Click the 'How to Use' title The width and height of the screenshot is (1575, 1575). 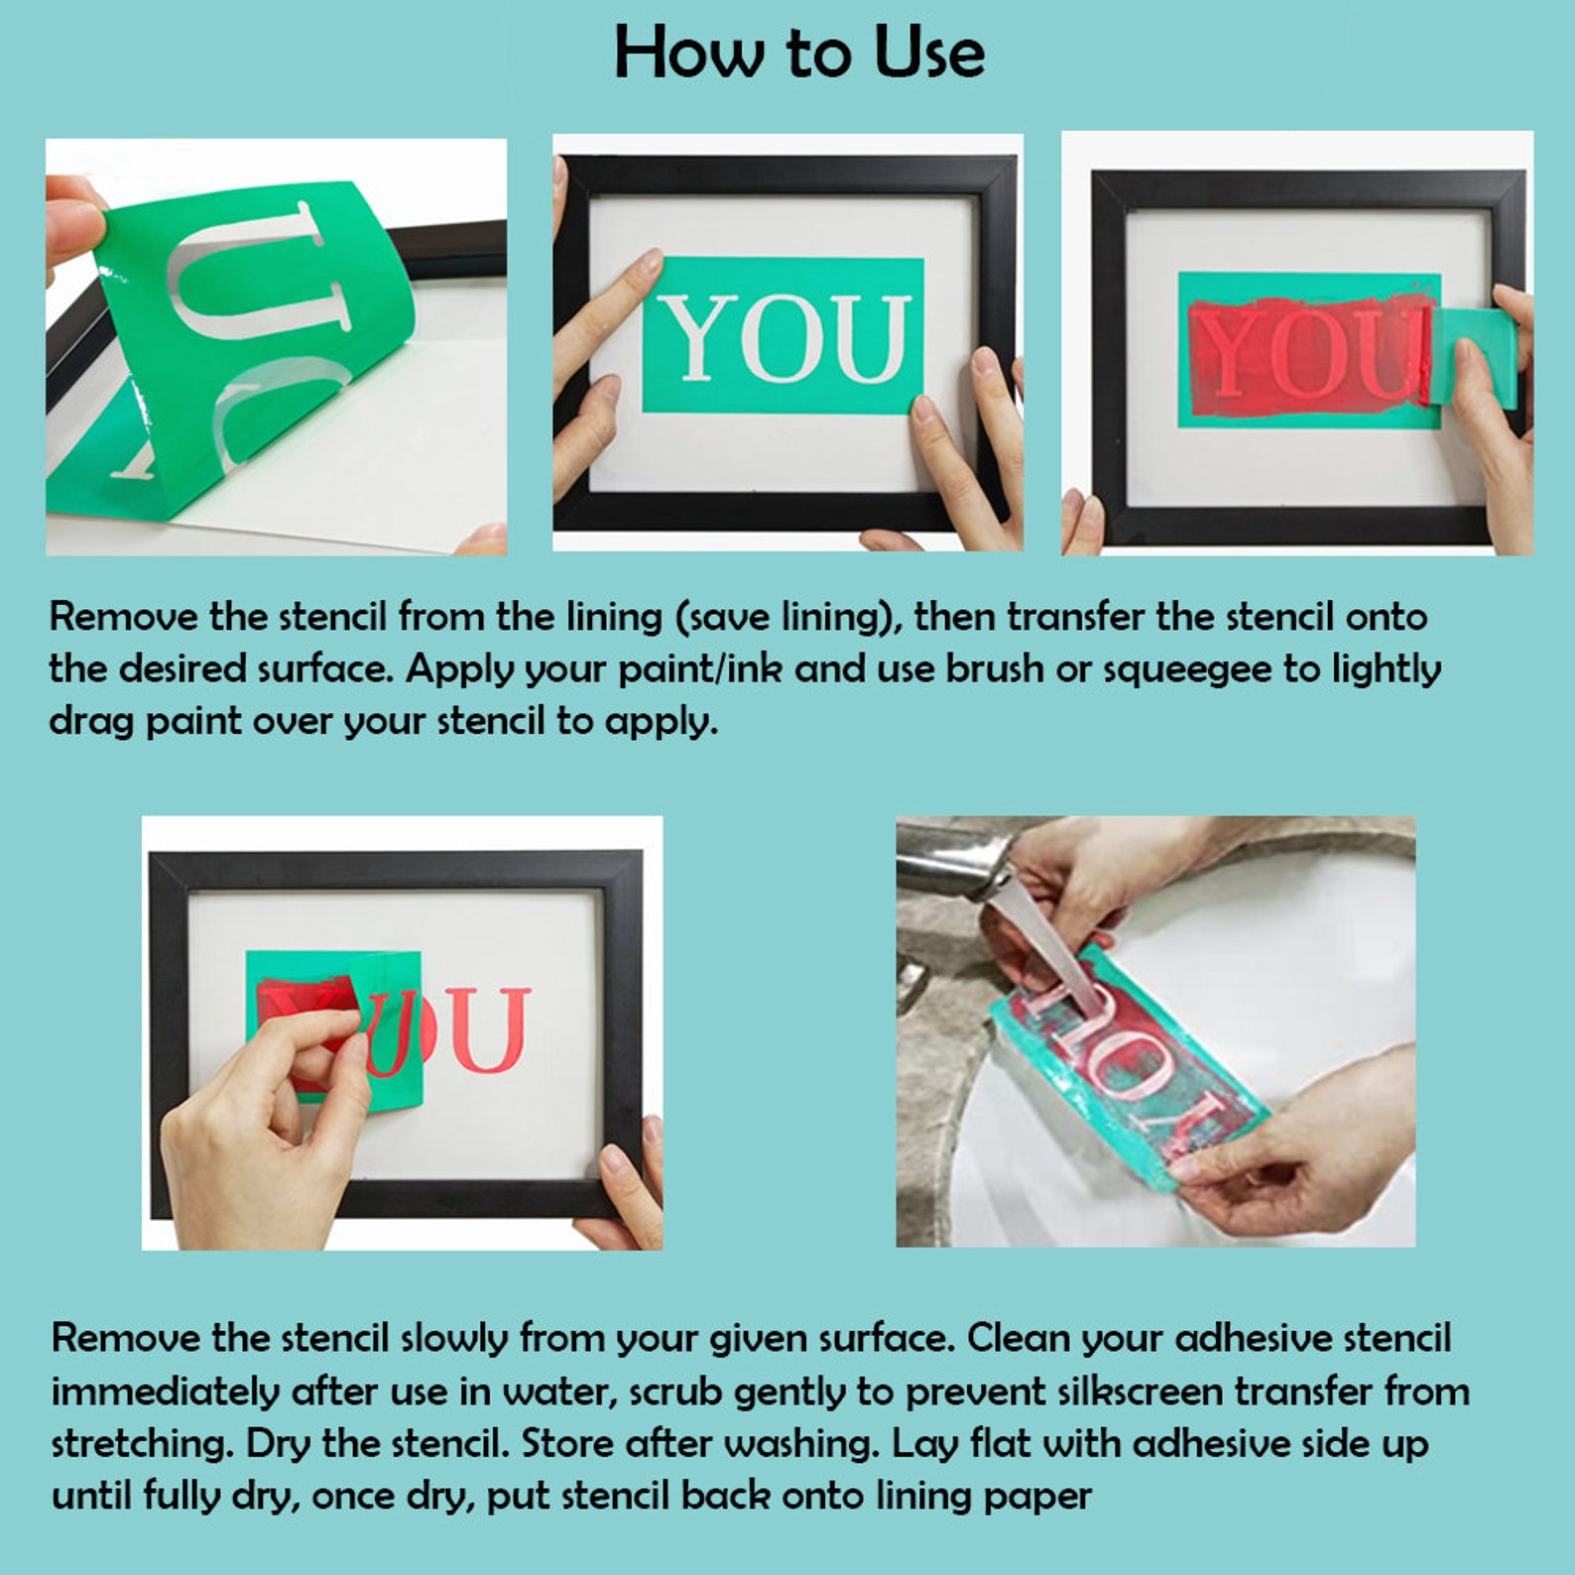tap(798, 53)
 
